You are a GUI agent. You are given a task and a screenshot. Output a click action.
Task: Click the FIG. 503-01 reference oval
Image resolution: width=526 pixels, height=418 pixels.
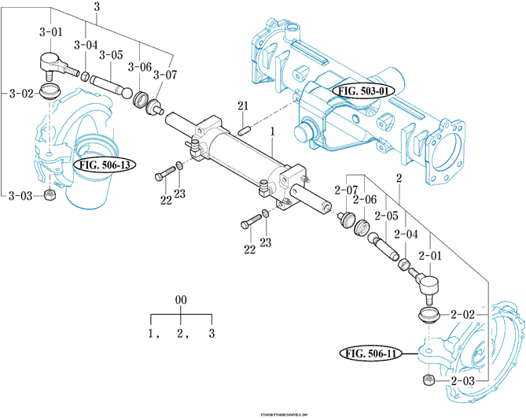click(x=364, y=91)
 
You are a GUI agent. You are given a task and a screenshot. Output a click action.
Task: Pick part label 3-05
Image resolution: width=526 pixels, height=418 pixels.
click(x=111, y=55)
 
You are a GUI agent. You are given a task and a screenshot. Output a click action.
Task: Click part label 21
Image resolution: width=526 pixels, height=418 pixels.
click(x=243, y=106)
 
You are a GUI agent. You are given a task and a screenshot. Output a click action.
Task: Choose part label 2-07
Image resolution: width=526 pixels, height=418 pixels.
click(x=346, y=190)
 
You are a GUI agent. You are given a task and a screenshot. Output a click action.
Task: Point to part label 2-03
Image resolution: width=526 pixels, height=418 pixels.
click(x=464, y=381)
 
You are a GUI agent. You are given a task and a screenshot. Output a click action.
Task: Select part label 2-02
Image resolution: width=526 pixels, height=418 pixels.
click(x=464, y=314)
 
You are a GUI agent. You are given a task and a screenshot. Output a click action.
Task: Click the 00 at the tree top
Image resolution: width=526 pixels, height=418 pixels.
click(x=181, y=301)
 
